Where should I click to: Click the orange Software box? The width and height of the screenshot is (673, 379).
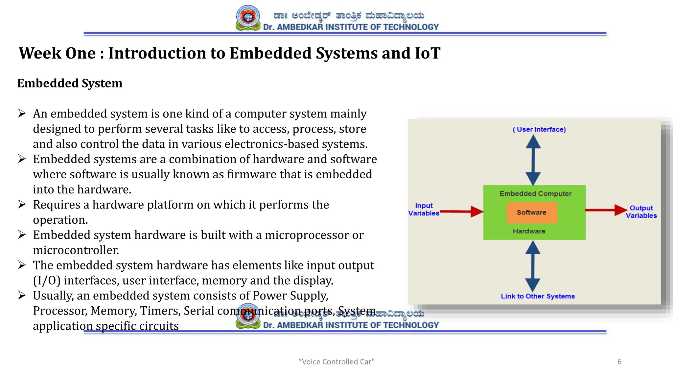(x=532, y=213)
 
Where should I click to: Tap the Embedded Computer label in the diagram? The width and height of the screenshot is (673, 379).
(x=535, y=194)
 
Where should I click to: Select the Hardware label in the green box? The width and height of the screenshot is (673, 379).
(x=529, y=231)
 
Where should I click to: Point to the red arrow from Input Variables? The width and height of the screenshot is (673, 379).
(x=461, y=212)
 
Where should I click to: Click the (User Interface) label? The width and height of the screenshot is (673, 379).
(x=539, y=130)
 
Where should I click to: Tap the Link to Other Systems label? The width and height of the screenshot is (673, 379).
(x=538, y=296)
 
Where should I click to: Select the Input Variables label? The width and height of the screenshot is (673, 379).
(x=424, y=210)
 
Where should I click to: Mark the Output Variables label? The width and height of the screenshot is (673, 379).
(x=641, y=212)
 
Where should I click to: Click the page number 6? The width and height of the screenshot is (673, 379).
(x=619, y=362)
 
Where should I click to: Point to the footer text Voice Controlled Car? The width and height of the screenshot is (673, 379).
(x=336, y=362)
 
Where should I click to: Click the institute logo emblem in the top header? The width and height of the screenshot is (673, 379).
(x=248, y=18)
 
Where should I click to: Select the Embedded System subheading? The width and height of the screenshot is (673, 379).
(x=70, y=83)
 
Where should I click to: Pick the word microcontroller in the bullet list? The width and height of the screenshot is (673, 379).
(x=76, y=250)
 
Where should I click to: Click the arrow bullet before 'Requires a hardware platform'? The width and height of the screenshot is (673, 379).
(x=22, y=205)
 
